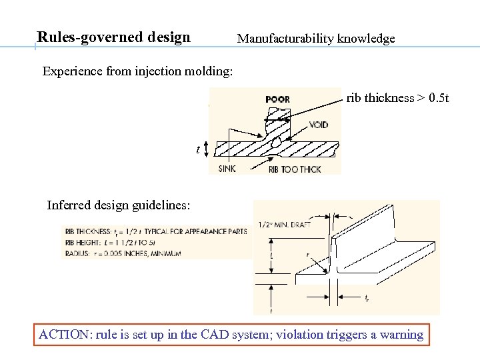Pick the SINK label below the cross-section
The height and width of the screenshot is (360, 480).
coord(227,169)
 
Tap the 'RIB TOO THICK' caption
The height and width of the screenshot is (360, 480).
coord(294,169)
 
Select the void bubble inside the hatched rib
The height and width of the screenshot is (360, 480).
coord(275,142)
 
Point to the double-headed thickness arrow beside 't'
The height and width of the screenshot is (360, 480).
coord(207,149)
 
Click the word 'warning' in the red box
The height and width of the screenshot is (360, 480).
coord(401,335)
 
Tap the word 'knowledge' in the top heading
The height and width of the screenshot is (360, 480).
coord(367,39)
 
